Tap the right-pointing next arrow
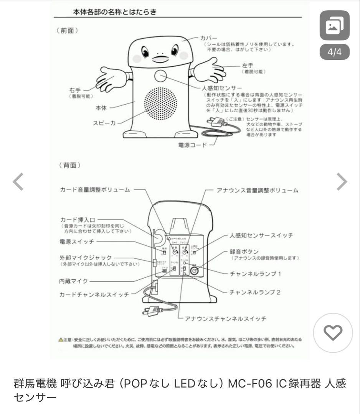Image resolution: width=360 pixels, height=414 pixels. pos(342,182)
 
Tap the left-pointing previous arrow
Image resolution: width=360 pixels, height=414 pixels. pos(18,182)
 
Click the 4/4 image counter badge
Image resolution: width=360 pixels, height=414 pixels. pos(334,53)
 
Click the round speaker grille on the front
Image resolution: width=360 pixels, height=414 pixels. pos(161,104)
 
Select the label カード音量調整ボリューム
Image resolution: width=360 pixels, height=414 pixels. pos(96,190)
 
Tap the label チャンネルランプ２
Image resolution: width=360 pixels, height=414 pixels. pos(255,292)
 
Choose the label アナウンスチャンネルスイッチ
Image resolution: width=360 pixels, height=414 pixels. pos(226,319)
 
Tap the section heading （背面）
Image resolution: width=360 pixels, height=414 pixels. pos(68,165)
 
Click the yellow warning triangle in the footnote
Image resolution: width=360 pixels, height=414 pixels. pos(61,340)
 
